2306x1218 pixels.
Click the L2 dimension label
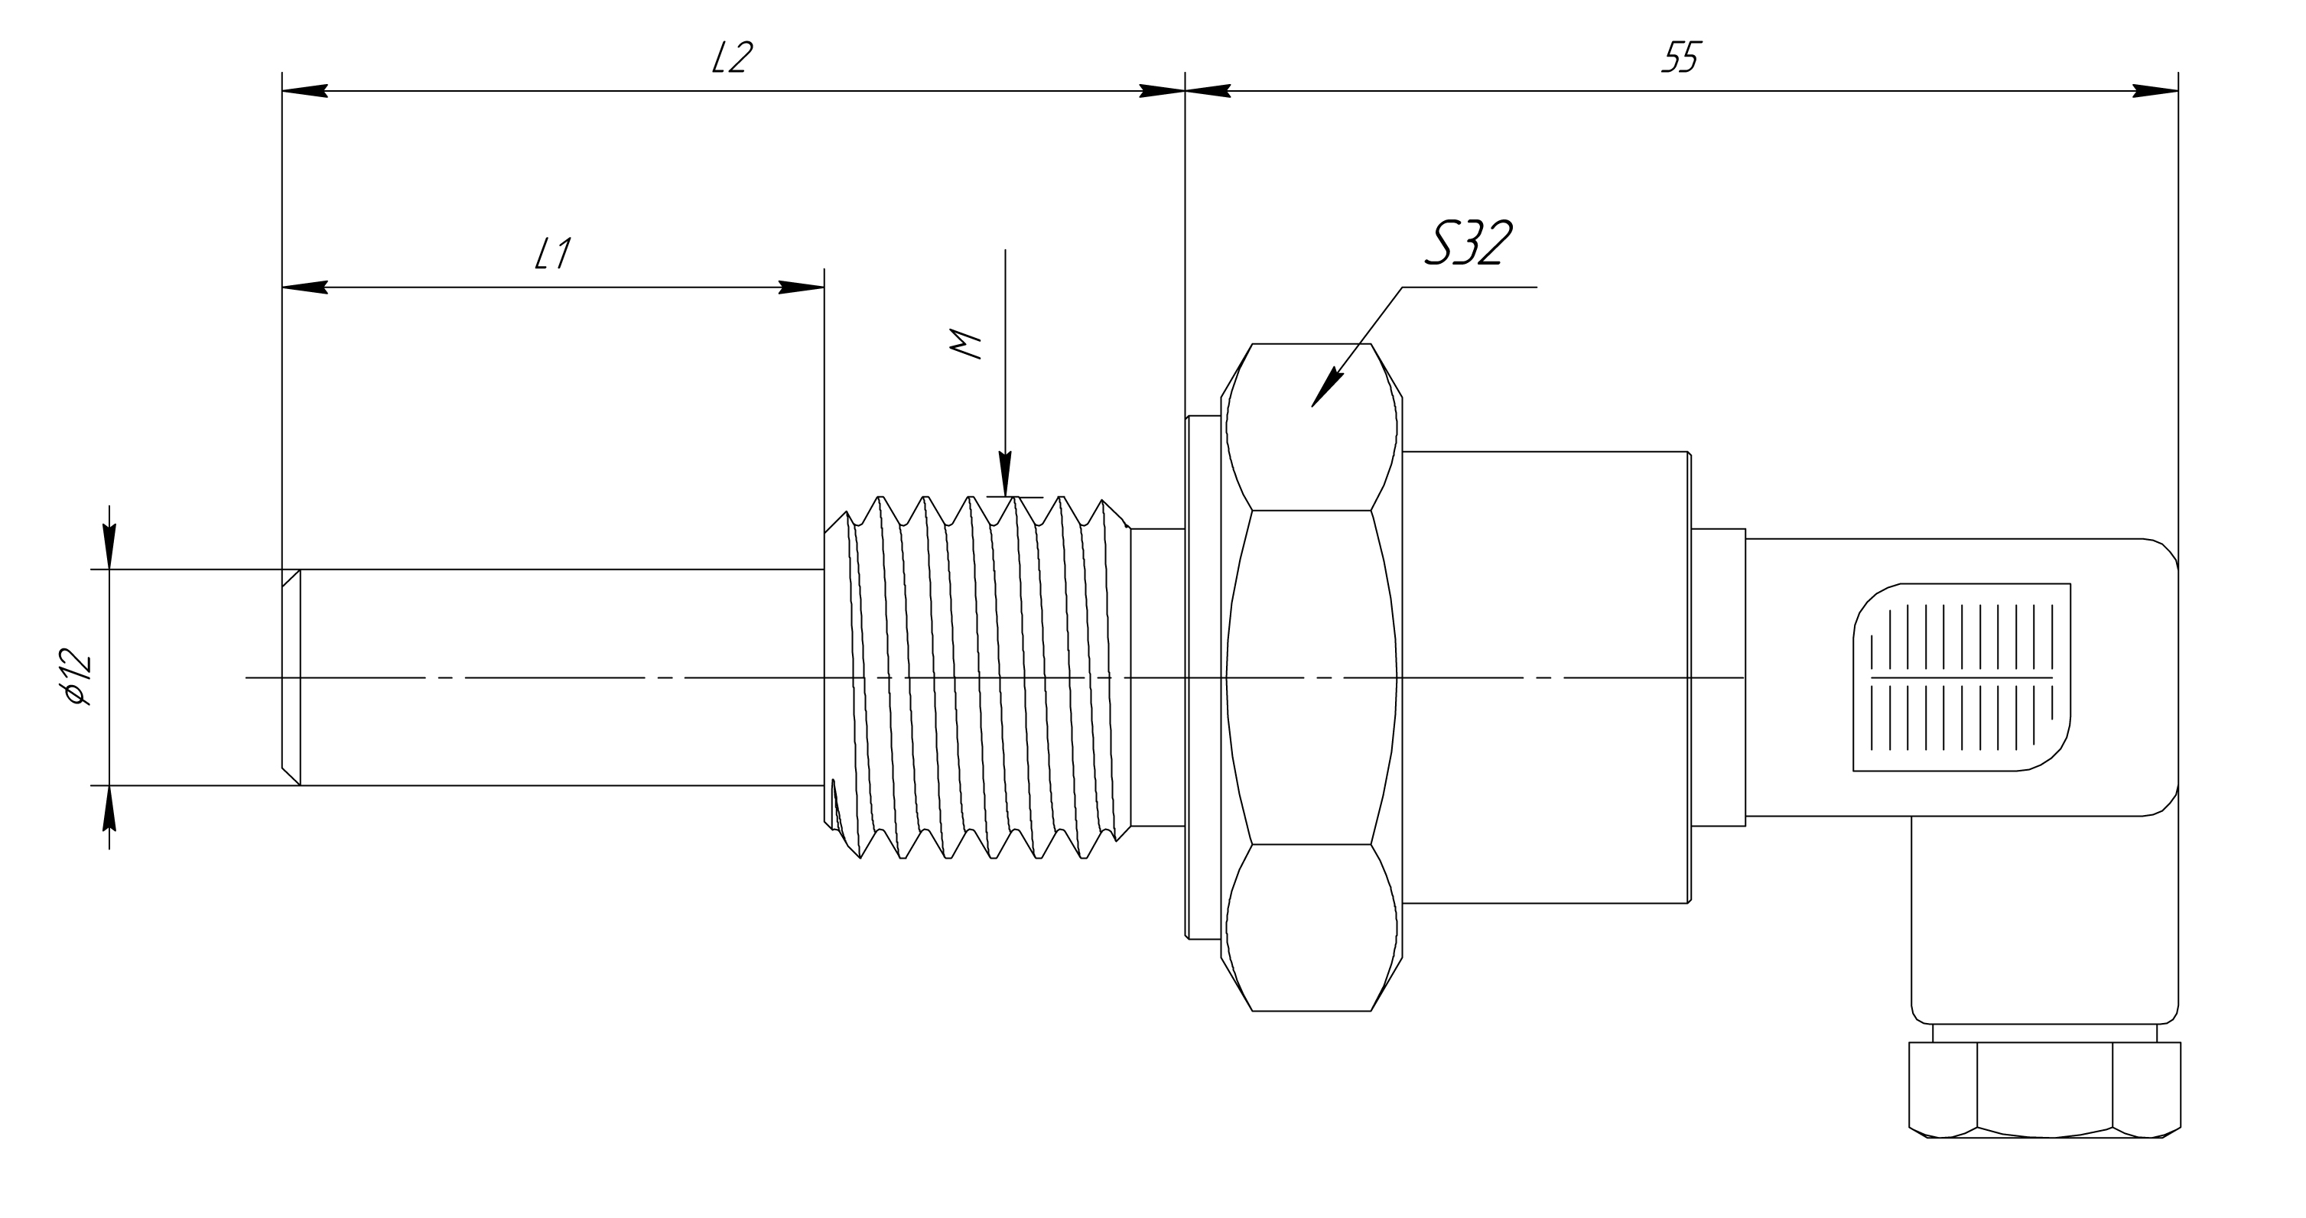(731, 59)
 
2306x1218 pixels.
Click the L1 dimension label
(552, 254)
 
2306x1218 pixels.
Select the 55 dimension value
(1680, 59)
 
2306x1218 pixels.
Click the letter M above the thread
(966, 345)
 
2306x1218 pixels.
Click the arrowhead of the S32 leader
(1325, 390)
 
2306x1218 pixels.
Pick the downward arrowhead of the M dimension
(1005, 474)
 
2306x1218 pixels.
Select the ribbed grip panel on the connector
(1960, 677)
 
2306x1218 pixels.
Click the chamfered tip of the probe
(291, 677)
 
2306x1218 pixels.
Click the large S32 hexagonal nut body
(1312, 677)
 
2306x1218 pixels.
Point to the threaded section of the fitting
(976, 677)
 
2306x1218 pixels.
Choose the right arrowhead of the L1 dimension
(802, 287)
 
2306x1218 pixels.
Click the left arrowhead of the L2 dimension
(304, 91)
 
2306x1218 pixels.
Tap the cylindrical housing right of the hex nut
(1544, 677)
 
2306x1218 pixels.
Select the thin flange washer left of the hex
(1202, 677)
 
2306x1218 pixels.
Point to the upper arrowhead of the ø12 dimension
(109, 546)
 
